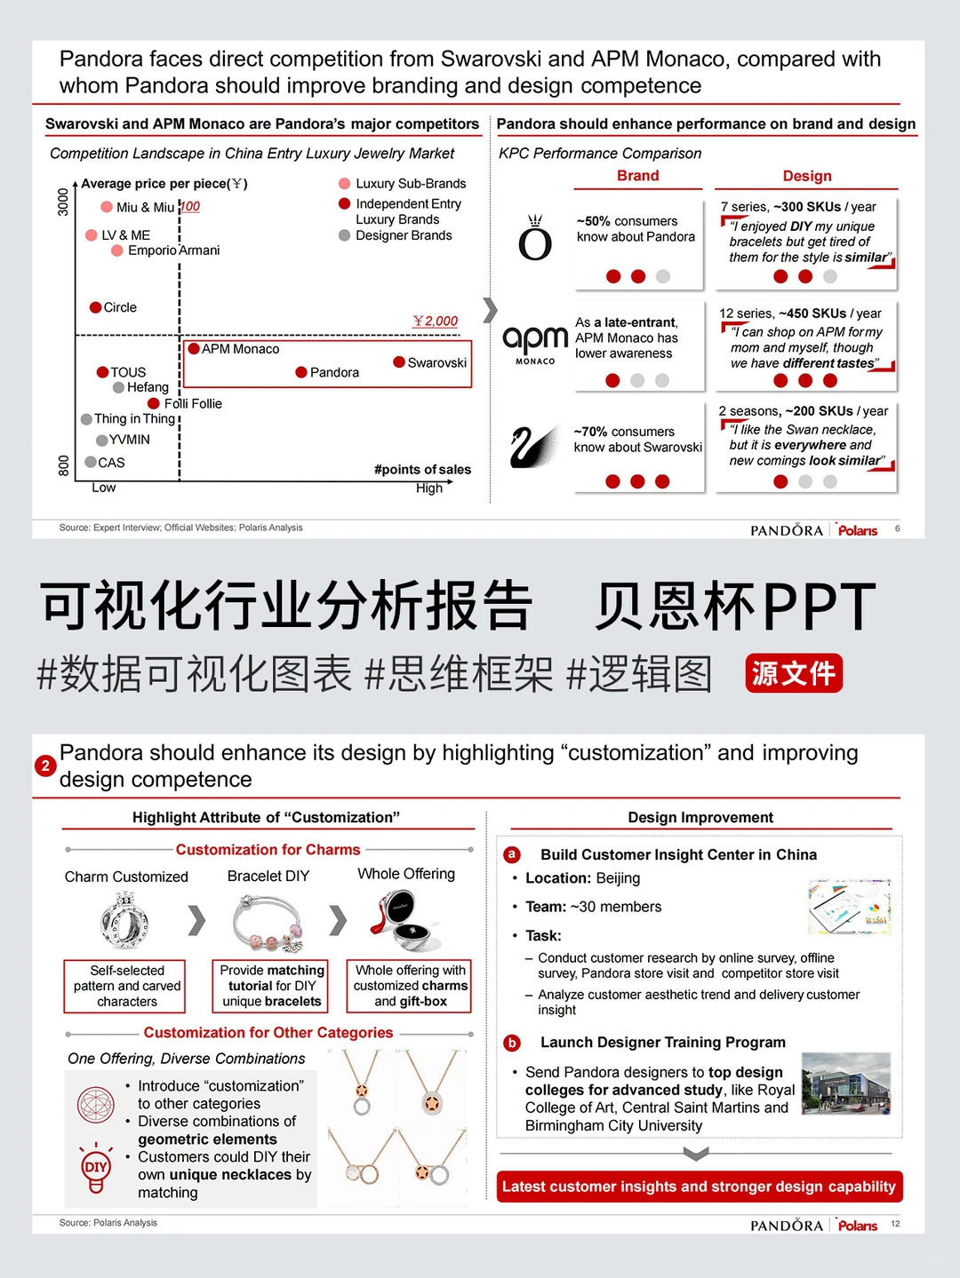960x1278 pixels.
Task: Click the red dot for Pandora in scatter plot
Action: (x=301, y=372)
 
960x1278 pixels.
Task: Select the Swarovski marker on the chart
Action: (x=399, y=361)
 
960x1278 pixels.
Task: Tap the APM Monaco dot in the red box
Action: (x=193, y=348)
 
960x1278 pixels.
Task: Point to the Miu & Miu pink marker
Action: (x=107, y=207)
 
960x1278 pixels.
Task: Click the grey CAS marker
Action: (x=91, y=462)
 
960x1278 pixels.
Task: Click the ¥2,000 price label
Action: (x=436, y=321)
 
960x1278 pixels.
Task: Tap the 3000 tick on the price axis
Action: (x=63, y=202)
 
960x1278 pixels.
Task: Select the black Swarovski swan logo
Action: (x=534, y=446)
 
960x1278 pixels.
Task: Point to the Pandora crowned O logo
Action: (x=535, y=239)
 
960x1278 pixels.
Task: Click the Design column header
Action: (x=806, y=176)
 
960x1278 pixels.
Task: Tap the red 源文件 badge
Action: (x=793, y=673)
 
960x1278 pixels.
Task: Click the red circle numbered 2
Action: (x=45, y=766)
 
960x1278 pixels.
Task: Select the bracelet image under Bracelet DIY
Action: (x=268, y=924)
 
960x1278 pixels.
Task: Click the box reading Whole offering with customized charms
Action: (x=410, y=986)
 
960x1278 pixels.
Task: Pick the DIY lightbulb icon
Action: (x=96, y=1167)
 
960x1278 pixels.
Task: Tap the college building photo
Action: (x=845, y=1084)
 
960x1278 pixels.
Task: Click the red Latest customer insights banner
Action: (x=699, y=1187)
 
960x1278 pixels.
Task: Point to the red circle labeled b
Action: (x=512, y=1043)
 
